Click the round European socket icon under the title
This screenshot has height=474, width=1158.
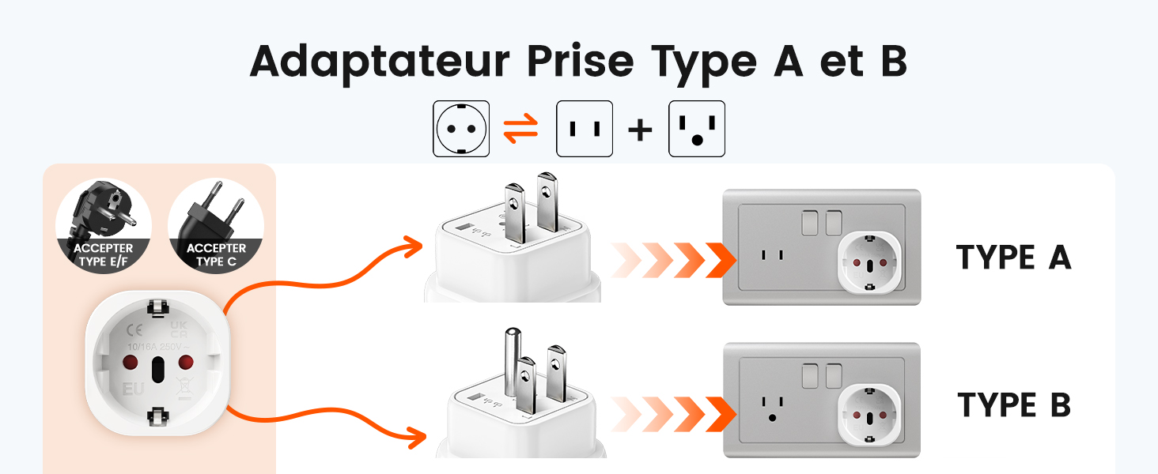[461, 128]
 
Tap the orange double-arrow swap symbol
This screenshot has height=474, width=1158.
[521, 128]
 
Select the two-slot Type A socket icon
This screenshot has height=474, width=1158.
[585, 128]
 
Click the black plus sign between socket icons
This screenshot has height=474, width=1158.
[640, 130]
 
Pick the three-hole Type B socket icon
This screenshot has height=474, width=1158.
[697, 128]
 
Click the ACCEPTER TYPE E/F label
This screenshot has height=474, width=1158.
[104, 254]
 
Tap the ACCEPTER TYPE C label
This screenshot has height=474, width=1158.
[216, 254]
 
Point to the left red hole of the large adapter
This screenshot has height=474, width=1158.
[126, 362]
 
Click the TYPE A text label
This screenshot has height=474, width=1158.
[1013, 258]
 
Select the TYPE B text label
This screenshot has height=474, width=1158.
[1014, 404]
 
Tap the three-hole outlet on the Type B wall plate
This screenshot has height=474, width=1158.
[770, 407]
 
